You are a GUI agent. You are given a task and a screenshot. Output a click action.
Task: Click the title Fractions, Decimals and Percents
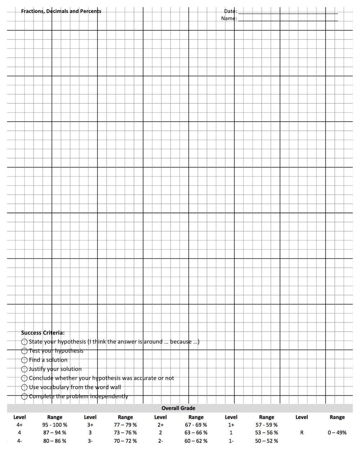tap(61, 11)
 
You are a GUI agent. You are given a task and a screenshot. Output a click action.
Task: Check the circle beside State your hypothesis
tap(24, 342)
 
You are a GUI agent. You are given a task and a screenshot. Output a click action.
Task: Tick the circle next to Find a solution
tap(24, 360)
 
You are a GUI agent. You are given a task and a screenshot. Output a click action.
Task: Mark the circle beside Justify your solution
tap(24, 369)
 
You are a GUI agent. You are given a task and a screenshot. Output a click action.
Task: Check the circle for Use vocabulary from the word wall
tap(24, 387)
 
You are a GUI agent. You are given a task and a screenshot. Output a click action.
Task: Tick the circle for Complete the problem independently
tap(24, 396)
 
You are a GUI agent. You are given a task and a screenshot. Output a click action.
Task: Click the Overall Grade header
tap(178, 408)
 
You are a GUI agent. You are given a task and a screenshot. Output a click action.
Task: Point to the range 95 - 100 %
tap(55, 425)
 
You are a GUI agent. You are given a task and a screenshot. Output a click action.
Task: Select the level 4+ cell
tap(19, 425)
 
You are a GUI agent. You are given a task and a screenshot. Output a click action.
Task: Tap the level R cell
tap(301, 433)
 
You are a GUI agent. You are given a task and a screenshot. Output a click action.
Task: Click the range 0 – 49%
tap(337, 433)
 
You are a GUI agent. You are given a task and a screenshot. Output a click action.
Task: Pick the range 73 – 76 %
tap(125, 433)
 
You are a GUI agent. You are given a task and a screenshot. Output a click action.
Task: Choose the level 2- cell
tap(161, 441)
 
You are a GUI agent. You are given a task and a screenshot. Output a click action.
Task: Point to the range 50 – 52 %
tap(266, 441)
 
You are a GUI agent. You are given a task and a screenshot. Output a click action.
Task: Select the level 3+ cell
tap(90, 425)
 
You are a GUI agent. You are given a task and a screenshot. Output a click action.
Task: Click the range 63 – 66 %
tap(196, 433)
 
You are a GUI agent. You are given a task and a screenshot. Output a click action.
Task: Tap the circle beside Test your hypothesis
tap(24, 351)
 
